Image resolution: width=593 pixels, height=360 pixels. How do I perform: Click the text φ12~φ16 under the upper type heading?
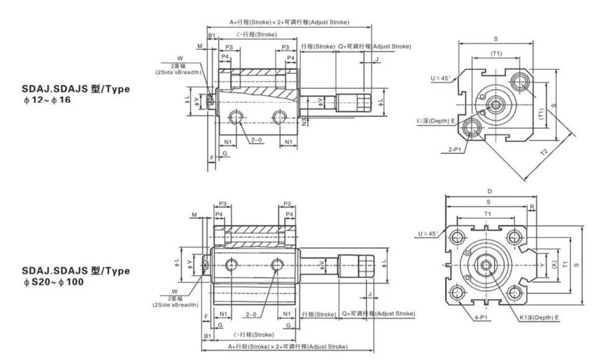pyautogui.click(x=47, y=99)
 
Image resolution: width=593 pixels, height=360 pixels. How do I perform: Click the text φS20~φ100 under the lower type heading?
pyautogui.click(x=53, y=282)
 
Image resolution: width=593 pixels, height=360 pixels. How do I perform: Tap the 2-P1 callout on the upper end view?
pyautogui.click(x=454, y=150)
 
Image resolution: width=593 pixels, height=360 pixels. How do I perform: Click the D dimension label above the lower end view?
pyautogui.click(x=489, y=192)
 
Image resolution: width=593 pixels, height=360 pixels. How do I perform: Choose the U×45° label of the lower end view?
pyautogui.click(x=427, y=234)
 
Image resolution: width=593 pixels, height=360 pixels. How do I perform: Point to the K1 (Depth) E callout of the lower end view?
pyautogui.click(x=540, y=317)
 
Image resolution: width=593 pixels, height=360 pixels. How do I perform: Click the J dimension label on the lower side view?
pyautogui.click(x=369, y=293)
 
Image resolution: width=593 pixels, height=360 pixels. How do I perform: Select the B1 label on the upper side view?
pyautogui.click(x=211, y=35)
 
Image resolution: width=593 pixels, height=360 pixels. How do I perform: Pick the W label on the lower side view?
pyautogui.click(x=175, y=291)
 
